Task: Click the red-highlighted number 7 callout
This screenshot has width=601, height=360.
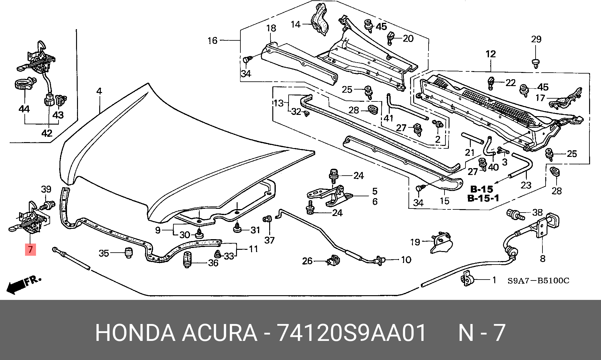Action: (30, 249)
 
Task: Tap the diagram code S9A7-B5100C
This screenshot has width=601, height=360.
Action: (538, 280)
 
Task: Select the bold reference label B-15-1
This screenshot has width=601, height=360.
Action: (483, 198)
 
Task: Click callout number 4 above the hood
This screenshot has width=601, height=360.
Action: (99, 91)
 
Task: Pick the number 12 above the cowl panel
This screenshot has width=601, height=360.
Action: (491, 54)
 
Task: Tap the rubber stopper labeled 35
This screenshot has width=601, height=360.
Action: (128, 252)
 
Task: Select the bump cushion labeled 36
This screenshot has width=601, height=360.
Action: (187, 260)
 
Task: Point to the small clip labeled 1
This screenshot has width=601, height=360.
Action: (467, 278)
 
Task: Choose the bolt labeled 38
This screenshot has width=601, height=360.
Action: (515, 215)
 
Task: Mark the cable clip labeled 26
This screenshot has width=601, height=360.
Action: (334, 260)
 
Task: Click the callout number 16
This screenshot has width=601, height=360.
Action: (212, 40)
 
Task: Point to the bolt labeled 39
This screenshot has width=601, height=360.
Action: (47, 206)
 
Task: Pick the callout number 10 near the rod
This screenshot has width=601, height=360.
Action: (406, 260)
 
